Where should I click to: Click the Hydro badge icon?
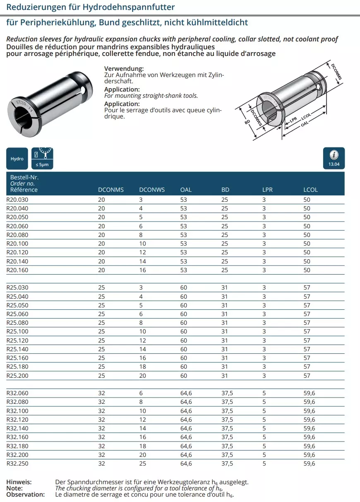[17, 158]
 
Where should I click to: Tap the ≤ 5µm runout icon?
[42, 158]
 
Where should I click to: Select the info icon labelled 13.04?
[334, 158]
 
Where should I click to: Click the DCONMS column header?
[111, 190]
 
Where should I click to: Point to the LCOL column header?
[310, 190]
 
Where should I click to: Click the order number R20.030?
[17, 200]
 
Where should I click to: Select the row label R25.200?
[17, 376]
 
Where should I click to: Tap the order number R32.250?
[17, 463]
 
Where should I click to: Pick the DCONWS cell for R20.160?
[143, 270]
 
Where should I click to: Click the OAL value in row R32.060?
[186, 393]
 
